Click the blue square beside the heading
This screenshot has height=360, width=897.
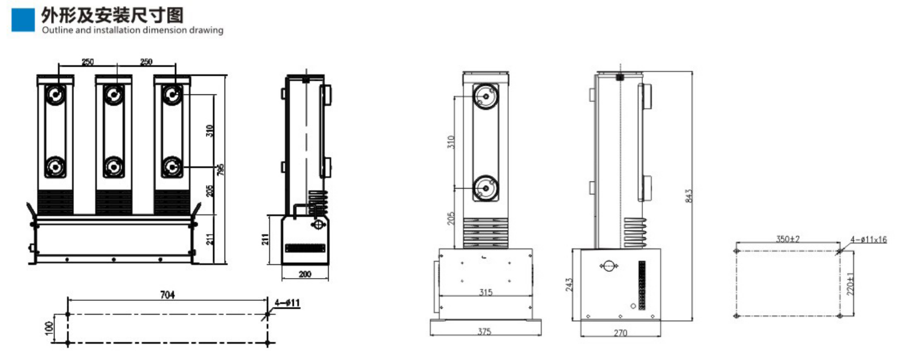[23, 20]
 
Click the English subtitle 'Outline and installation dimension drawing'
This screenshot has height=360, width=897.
[132, 30]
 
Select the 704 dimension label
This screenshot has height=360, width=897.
[167, 295]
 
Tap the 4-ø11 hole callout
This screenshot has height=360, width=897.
[287, 303]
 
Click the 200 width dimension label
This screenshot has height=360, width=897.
[305, 274]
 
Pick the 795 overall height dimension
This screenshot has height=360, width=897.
[221, 169]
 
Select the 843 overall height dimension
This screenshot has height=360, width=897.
[688, 196]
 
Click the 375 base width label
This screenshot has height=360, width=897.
[484, 332]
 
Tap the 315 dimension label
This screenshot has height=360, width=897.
[486, 292]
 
